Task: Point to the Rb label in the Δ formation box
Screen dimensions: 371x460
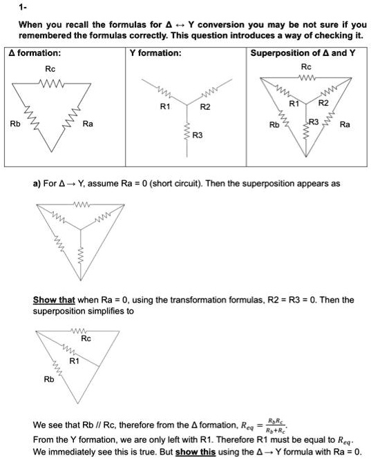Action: pyautogui.click(x=15, y=124)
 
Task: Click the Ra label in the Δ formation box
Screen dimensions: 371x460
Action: pyautogui.click(x=88, y=124)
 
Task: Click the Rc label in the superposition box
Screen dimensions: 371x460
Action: pyautogui.click(x=307, y=66)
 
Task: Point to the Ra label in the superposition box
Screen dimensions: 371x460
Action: pyautogui.click(x=345, y=125)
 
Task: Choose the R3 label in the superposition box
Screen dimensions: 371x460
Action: pyautogui.click(x=314, y=122)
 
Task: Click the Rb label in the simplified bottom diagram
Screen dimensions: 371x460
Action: pyautogui.click(x=48, y=378)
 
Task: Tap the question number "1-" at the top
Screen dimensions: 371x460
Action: pyautogui.click(x=23, y=8)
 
